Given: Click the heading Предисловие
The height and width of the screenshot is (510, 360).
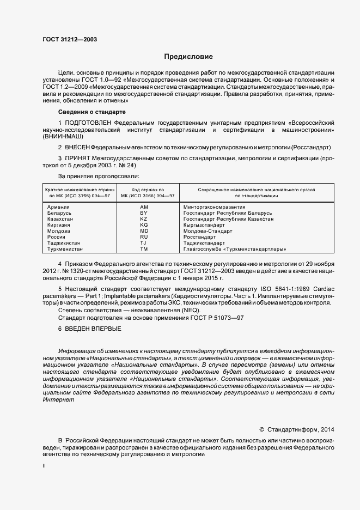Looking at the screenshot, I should [x=188, y=57].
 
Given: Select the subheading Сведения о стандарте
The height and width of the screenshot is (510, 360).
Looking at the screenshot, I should [x=91, y=112].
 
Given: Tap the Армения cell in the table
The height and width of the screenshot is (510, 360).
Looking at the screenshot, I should [x=58, y=208].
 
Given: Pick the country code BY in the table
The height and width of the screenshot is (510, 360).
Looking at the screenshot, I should [x=144, y=213].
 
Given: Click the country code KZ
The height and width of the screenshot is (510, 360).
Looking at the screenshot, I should [x=144, y=219].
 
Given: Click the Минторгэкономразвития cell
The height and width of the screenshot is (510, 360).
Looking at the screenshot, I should [x=215, y=208].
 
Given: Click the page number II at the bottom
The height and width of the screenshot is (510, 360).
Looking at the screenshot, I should [x=44, y=466].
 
